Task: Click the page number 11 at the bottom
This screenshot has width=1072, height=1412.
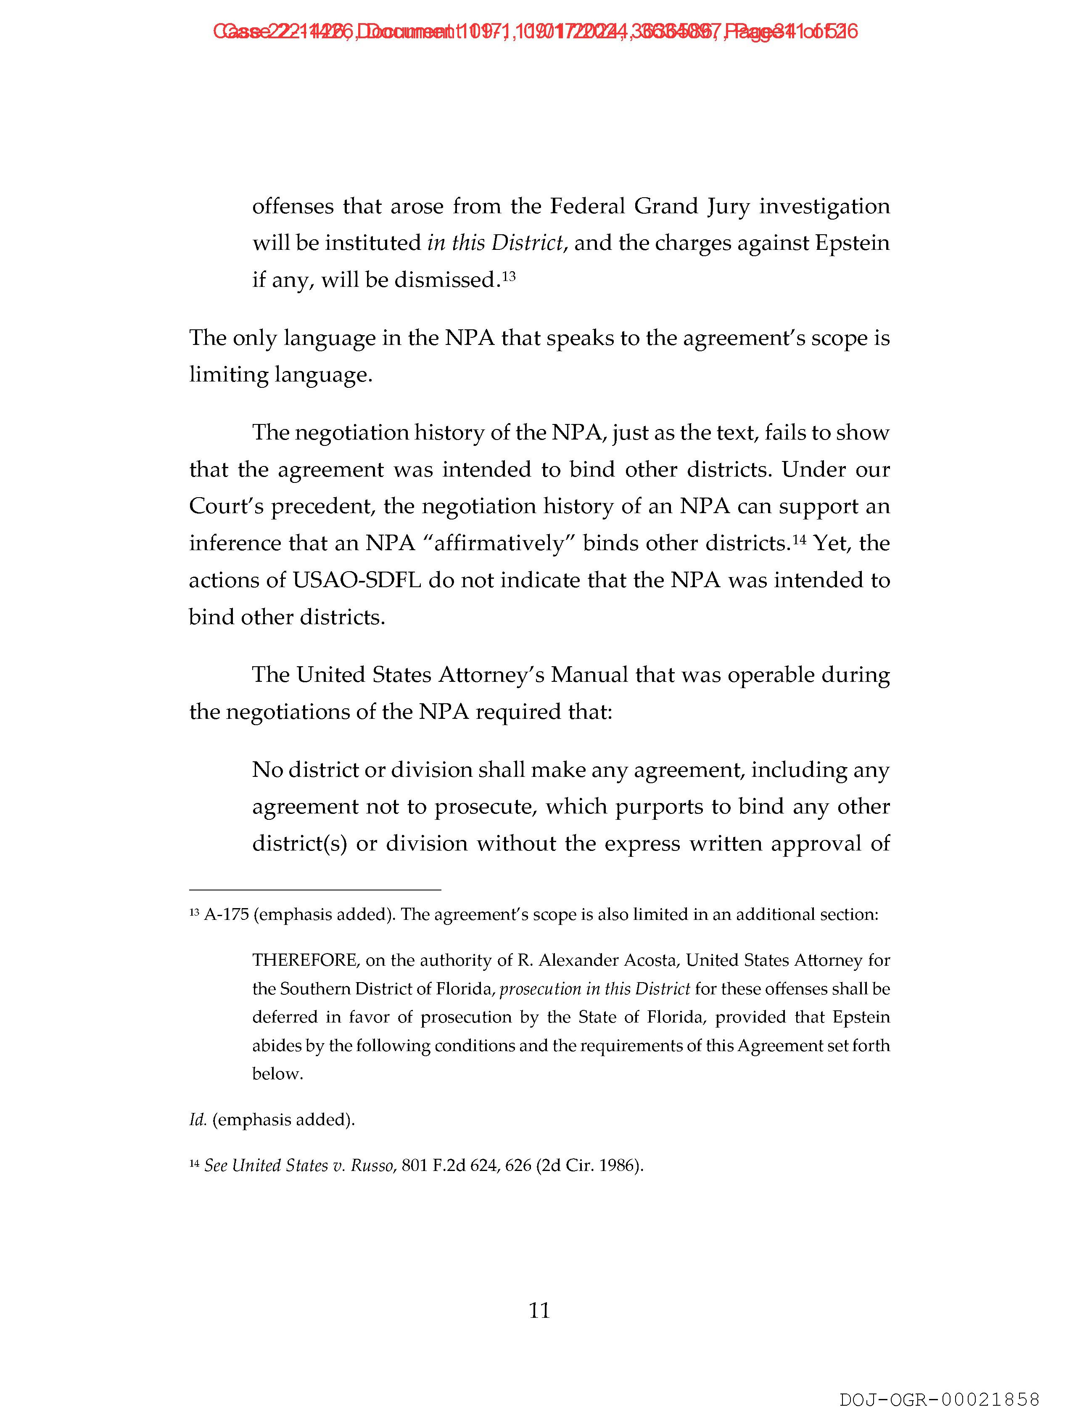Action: [539, 1311]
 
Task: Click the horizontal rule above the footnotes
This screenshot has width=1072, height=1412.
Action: [315, 889]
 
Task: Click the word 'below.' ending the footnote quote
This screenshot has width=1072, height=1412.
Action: [277, 1074]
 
